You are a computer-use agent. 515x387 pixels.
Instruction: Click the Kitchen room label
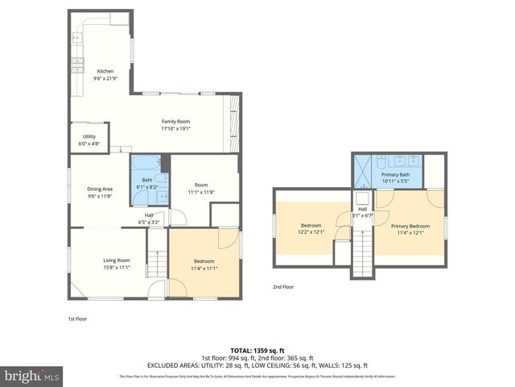click(x=106, y=71)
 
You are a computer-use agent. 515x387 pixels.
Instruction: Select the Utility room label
click(x=89, y=136)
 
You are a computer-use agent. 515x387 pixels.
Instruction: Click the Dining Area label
click(x=100, y=189)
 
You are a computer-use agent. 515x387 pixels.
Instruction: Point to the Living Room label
click(x=117, y=260)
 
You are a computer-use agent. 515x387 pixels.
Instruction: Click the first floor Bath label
click(x=147, y=180)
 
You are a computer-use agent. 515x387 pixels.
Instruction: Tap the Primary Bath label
click(x=395, y=174)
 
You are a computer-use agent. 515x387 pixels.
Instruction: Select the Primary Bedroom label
click(x=413, y=226)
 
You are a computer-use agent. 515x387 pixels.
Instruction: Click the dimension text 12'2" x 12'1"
click(x=311, y=232)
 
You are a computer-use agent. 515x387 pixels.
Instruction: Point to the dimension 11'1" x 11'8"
click(x=204, y=193)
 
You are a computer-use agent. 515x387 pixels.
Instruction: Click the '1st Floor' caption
click(x=76, y=318)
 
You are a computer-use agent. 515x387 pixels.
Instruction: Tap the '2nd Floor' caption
click(x=282, y=286)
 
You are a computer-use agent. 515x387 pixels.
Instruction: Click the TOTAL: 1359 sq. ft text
click(x=257, y=350)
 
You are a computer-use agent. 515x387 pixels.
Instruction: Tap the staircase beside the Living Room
click(x=156, y=261)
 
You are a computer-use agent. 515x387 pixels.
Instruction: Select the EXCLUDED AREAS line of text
click(x=257, y=364)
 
